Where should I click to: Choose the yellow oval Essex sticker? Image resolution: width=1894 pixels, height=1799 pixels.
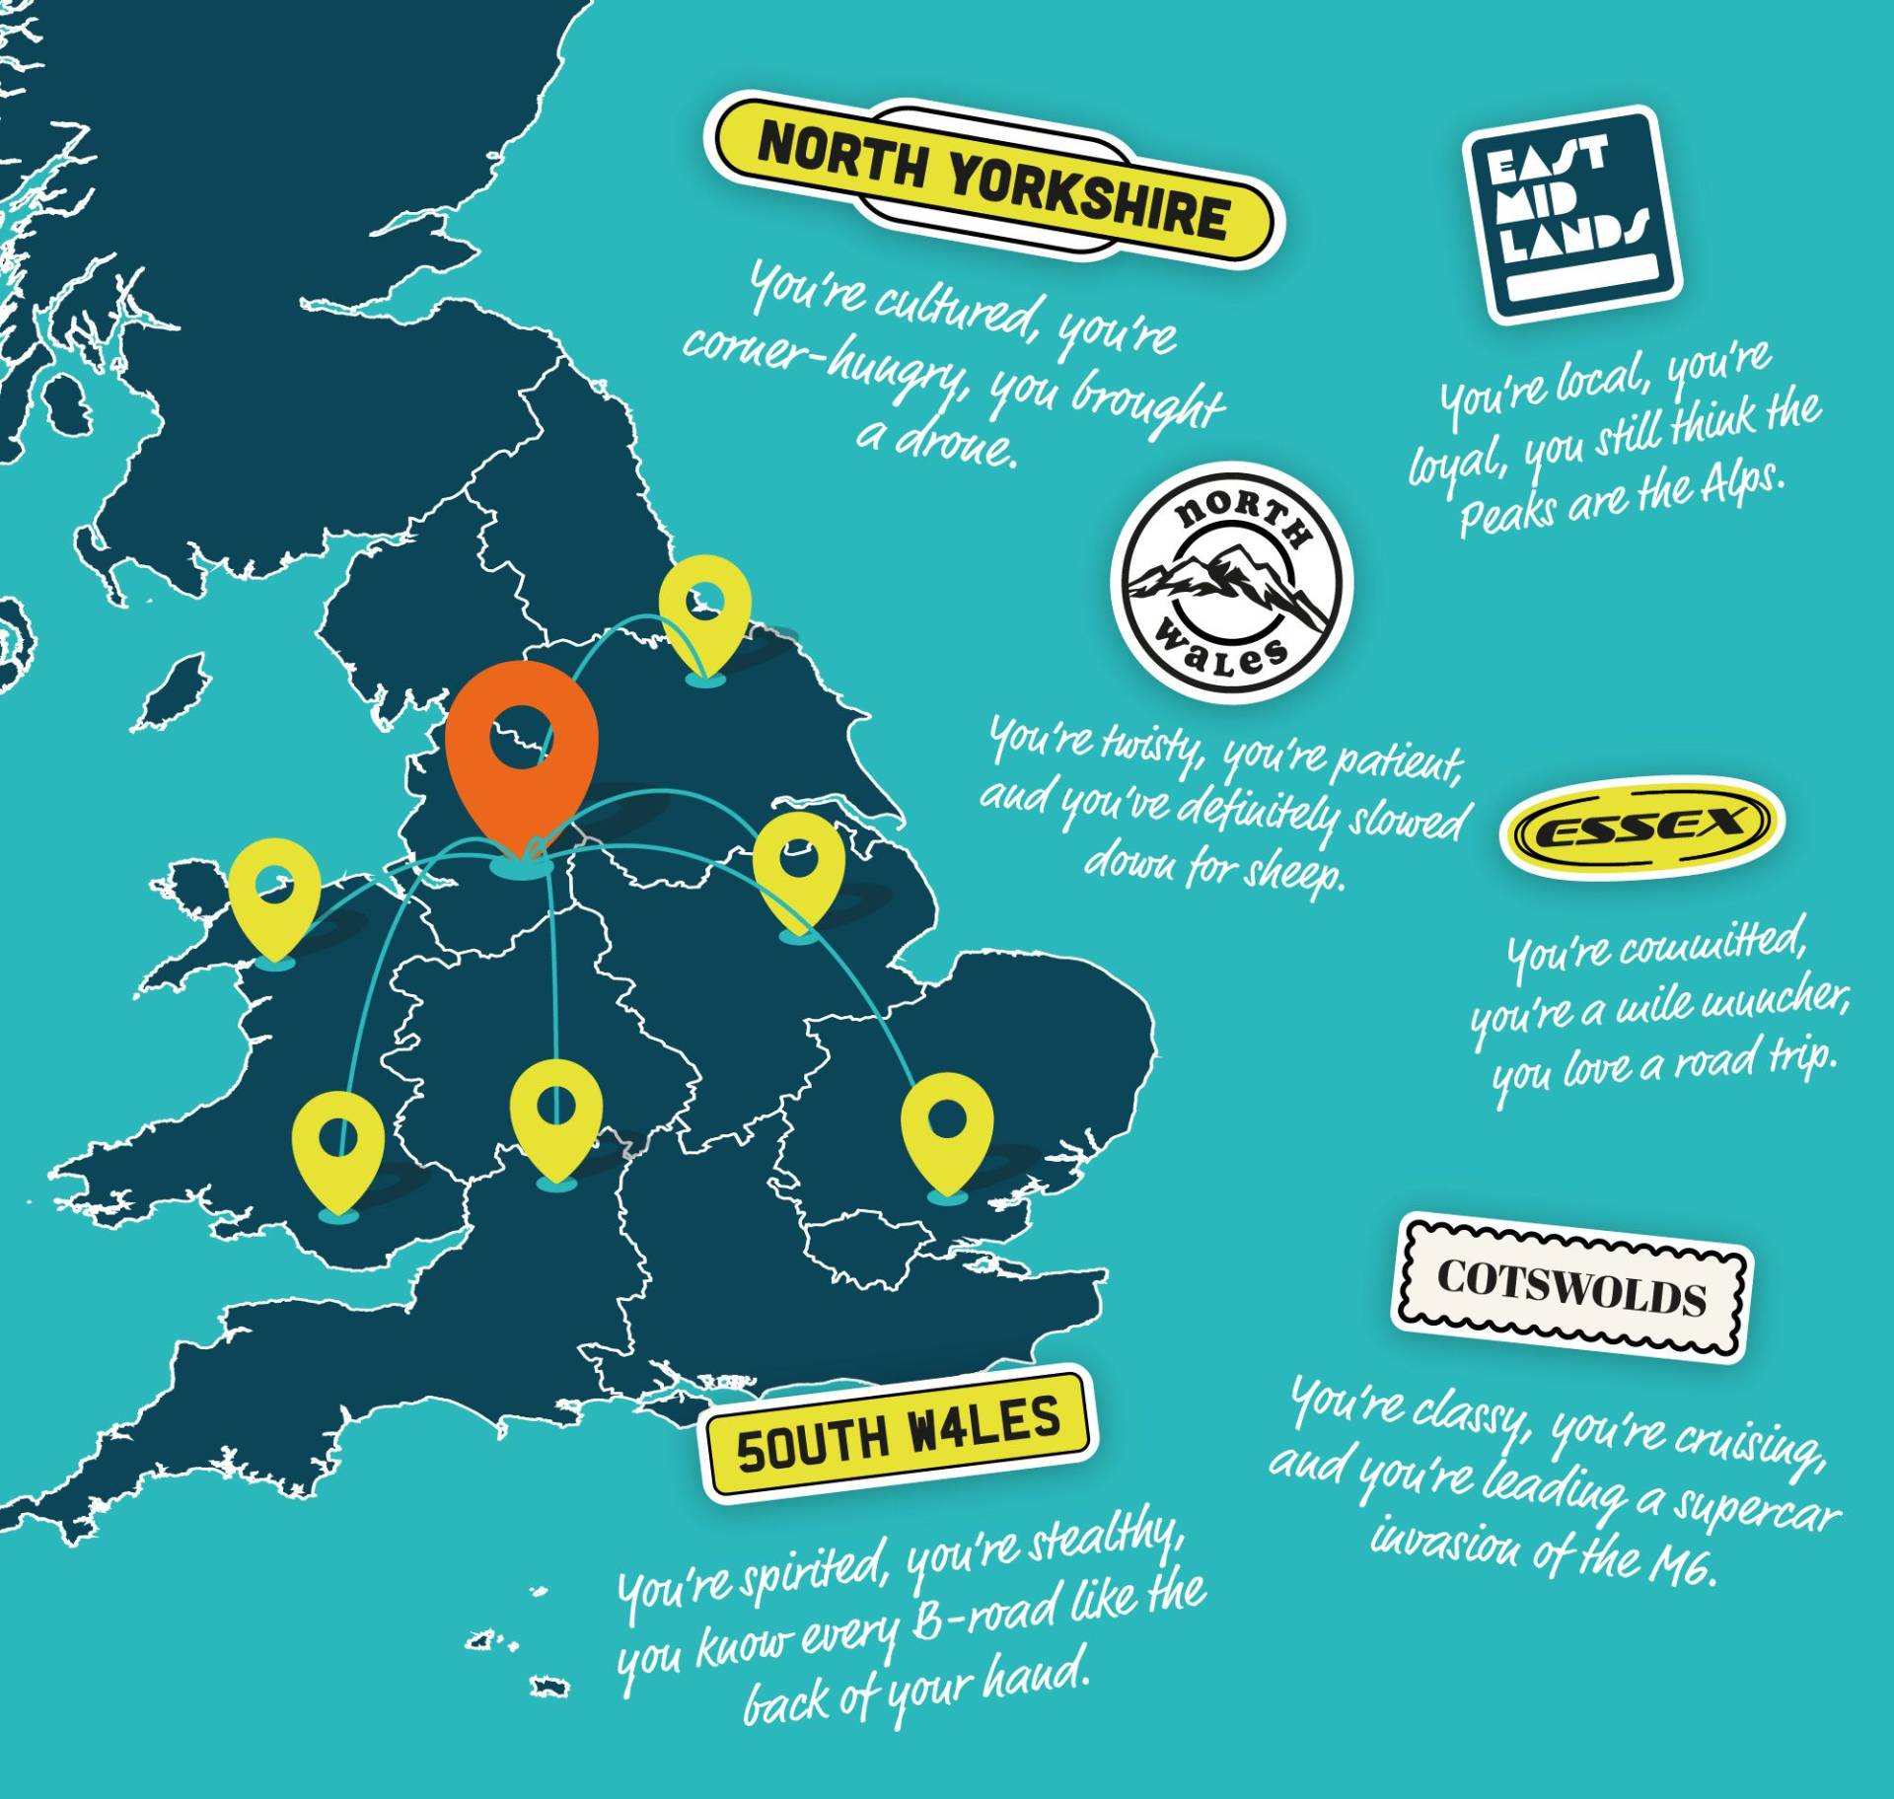(1641, 827)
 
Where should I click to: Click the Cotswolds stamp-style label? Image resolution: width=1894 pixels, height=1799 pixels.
(1571, 1287)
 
